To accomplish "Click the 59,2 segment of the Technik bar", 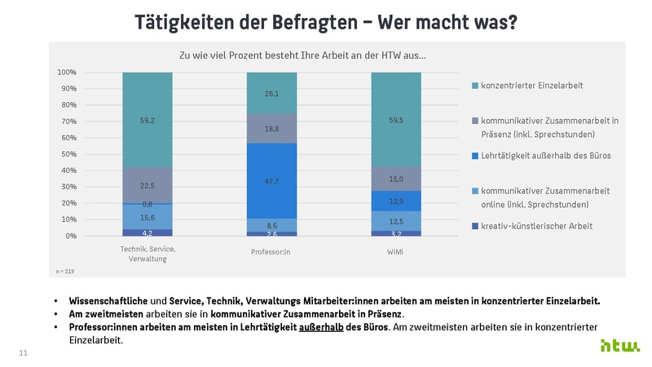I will (148, 120).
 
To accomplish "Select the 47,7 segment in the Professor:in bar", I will (271, 180).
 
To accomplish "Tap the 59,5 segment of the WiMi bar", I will (396, 120).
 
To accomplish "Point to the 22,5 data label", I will (148, 185).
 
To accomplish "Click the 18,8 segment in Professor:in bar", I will (271, 129).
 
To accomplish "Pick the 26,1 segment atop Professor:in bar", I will (271, 93).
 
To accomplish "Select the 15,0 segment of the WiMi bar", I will (396, 179).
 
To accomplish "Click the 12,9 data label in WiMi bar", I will (396, 201).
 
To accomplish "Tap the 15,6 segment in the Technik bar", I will (148, 217).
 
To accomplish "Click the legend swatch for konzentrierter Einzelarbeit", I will (475, 86).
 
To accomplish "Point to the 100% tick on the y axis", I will (67, 73).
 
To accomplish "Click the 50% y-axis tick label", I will (68, 154).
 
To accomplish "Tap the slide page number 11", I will (24, 352).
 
